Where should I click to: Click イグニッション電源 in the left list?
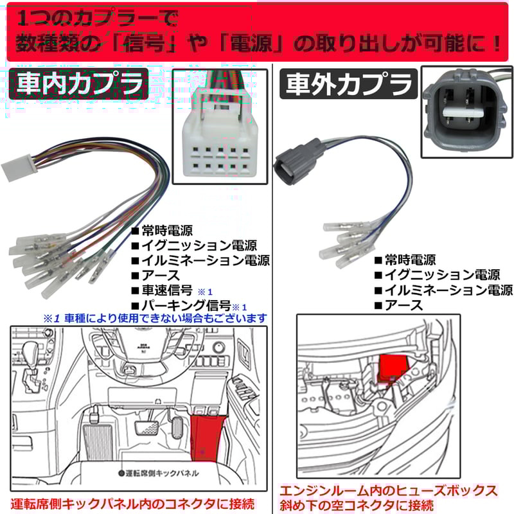pos(199,245)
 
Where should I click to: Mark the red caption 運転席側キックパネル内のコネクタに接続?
pos(133,502)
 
